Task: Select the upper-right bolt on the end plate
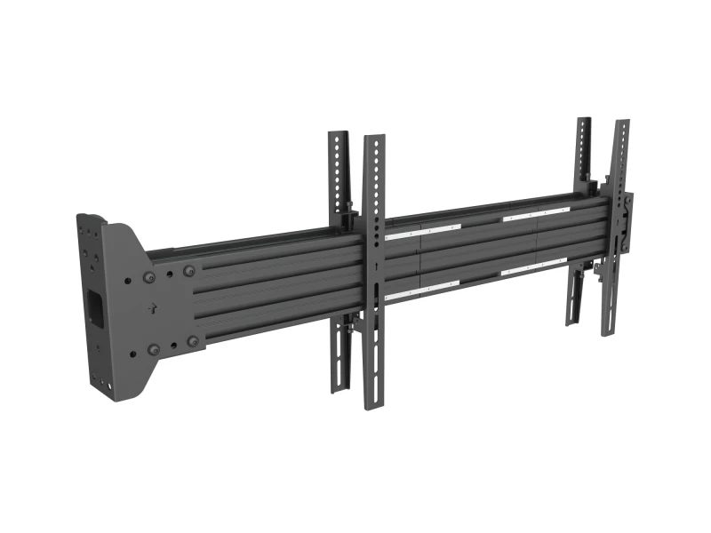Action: (x=188, y=271)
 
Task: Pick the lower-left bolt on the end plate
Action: (x=154, y=349)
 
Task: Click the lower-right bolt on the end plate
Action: (x=192, y=340)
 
